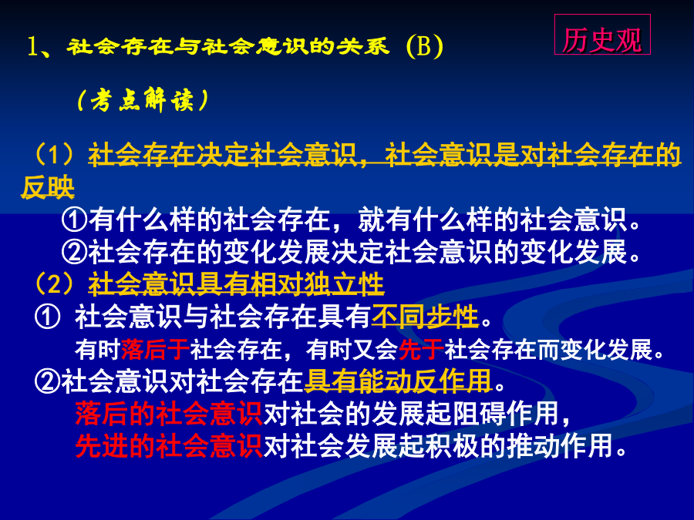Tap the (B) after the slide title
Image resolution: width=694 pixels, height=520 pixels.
424,46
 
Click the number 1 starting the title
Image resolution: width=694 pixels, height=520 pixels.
32,46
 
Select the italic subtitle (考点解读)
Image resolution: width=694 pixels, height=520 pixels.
143,100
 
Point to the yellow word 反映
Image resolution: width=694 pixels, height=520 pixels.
48,187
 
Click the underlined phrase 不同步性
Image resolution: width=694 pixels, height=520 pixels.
425,316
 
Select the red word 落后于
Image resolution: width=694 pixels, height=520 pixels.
155,349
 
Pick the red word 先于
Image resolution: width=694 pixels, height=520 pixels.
421,349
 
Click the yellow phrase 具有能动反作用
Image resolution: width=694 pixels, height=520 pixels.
399,381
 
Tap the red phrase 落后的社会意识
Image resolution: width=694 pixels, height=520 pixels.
169,414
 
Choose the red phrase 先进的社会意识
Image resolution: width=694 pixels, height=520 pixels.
169,446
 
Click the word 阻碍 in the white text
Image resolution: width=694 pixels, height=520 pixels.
479,414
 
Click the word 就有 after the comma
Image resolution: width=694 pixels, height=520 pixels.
384,220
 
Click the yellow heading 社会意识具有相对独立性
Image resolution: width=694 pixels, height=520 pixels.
237,283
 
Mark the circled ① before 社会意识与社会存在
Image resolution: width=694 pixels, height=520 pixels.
47,317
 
